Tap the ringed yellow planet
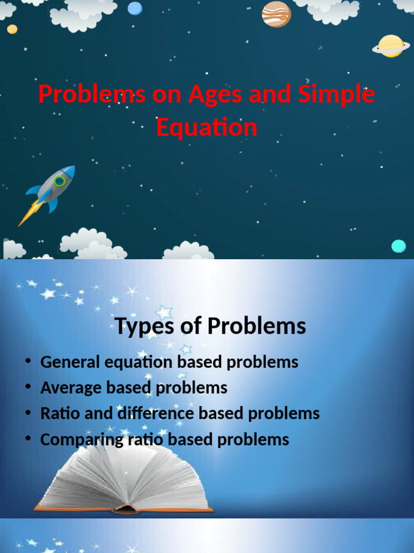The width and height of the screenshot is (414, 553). coord(391,46)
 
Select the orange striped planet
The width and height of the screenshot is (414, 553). coord(276,14)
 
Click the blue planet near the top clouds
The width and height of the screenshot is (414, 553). coord(135,8)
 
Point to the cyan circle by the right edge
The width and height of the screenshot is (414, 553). coord(398,246)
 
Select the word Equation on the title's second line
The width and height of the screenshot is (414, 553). coord(206,128)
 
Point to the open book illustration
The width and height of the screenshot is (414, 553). coord(124,478)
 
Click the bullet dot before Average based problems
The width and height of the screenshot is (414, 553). coord(27,388)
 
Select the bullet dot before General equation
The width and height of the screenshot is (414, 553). coord(27,362)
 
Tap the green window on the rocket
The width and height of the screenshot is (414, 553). coord(59,181)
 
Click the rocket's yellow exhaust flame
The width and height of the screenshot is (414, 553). coord(28,214)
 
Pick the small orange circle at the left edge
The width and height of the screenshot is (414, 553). coord(12,29)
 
